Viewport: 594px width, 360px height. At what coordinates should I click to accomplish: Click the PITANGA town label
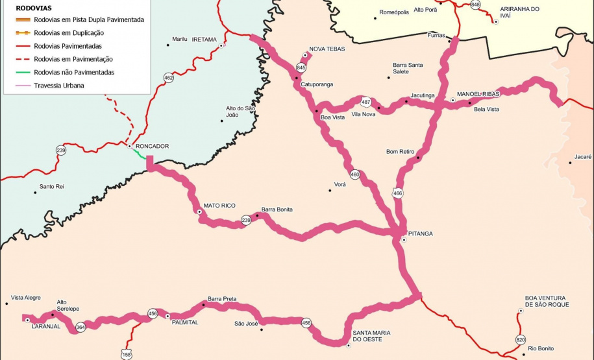(420, 233)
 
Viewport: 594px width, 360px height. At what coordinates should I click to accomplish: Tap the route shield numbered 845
(301, 67)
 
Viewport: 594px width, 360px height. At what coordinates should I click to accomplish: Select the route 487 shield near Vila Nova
(366, 102)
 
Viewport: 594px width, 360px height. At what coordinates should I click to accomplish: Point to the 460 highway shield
(354, 174)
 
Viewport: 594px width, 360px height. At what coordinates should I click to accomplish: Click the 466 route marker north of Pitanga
(397, 193)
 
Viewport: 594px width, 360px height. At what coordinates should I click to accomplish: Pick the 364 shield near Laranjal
(80, 328)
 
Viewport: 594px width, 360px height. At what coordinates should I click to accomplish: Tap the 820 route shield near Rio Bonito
(521, 339)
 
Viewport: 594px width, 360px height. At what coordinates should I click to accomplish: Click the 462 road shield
(169, 78)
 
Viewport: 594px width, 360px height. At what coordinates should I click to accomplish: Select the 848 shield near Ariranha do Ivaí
(476, 5)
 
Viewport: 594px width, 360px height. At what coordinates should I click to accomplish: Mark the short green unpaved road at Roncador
(140, 154)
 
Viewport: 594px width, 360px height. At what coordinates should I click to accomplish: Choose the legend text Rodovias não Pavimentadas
(74, 72)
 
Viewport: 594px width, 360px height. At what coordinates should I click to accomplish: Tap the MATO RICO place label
(219, 205)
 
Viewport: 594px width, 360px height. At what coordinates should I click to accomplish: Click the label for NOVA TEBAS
(327, 49)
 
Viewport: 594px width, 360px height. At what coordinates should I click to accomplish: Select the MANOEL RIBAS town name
(478, 94)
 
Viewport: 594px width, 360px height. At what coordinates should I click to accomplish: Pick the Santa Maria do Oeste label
(372, 336)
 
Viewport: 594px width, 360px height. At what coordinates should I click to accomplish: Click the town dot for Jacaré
(571, 163)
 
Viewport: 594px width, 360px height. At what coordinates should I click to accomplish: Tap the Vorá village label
(340, 184)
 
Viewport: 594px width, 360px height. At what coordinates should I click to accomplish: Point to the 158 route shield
(126, 354)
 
